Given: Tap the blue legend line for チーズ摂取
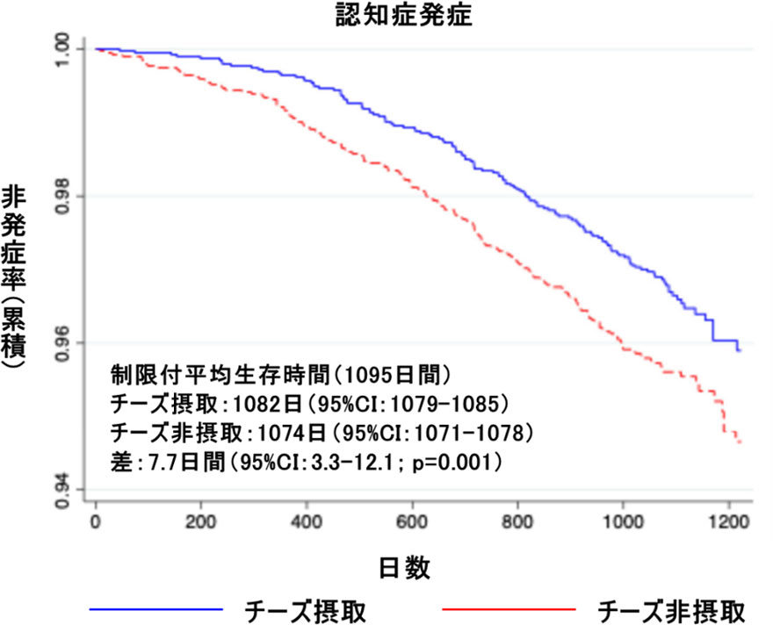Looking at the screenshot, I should click(x=156, y=607).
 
